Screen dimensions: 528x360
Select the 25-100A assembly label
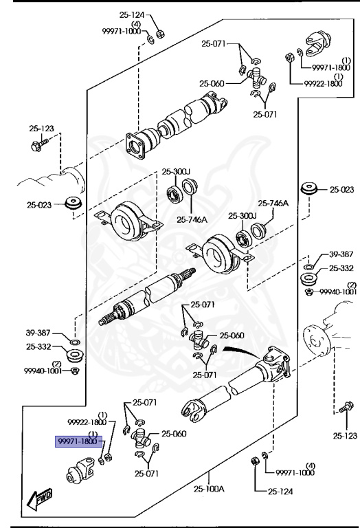pos(209,489)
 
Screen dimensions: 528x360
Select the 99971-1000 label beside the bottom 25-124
pos(295,472)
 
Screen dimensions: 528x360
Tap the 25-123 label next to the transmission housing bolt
pos(41,128)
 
